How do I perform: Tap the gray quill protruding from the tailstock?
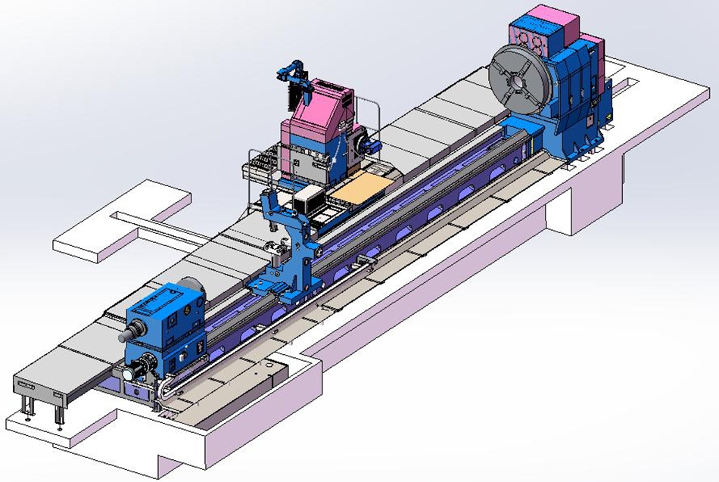[x=133, y=329]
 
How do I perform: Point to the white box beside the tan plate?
[x=309, y=200]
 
